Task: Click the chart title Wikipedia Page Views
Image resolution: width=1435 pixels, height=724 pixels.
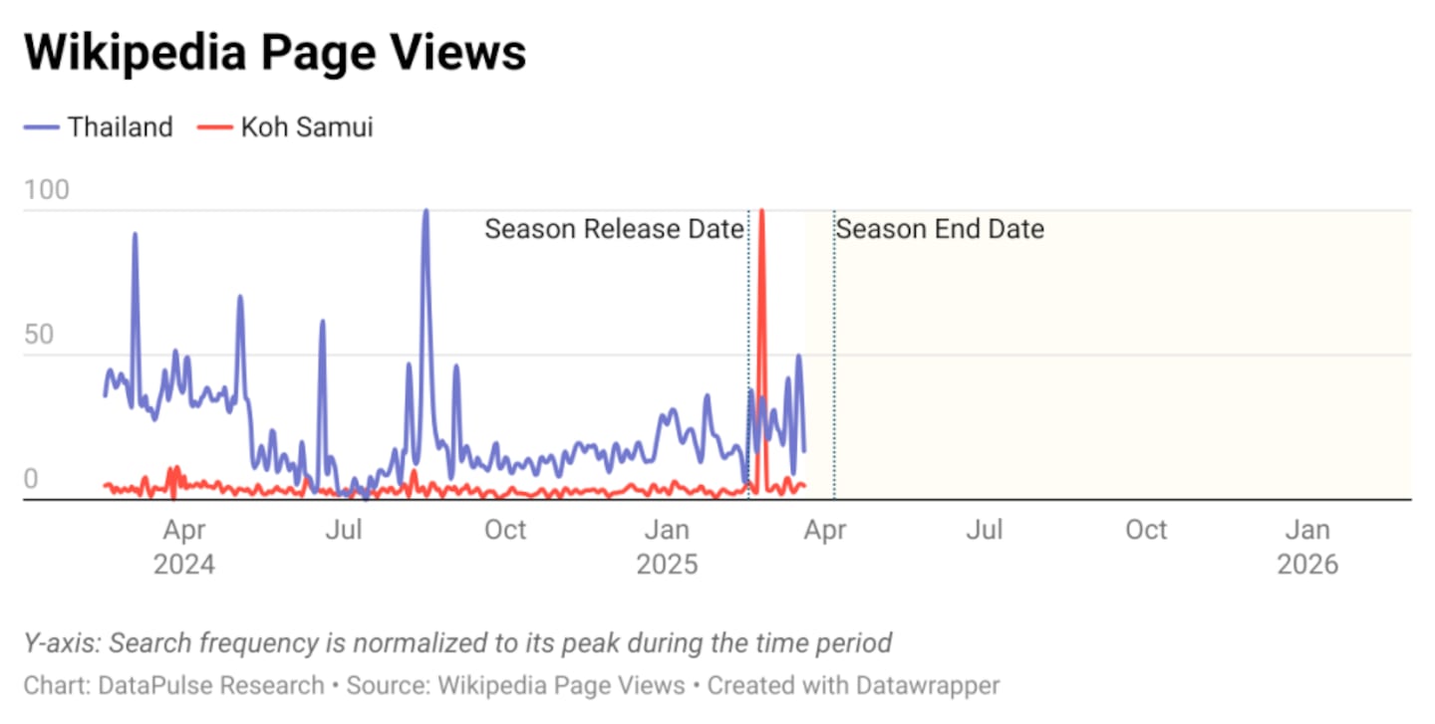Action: pos(275,52)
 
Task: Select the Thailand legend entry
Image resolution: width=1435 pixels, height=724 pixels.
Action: pos(120,127)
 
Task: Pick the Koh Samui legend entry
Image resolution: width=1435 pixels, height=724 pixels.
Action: pos(306,127)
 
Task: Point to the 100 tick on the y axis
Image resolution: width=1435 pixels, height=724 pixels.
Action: pos(47,189)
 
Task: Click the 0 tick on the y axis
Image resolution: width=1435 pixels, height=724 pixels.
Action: pos(31,479)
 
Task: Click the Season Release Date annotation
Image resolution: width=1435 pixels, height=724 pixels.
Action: pos(614,229)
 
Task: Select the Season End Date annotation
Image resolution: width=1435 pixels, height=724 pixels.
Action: pos(940,229)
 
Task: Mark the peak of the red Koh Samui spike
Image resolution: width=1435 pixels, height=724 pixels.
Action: pos(761,211)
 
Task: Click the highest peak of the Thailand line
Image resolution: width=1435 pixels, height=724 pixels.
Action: pos(426,211)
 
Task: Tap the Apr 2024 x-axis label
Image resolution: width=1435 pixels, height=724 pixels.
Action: pos(183,547)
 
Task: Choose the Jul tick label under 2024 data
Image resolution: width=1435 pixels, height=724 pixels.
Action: pos(344,530)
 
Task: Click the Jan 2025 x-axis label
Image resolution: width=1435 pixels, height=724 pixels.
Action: pos(667,547)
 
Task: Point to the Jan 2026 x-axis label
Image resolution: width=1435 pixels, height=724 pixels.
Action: pos(1307,547)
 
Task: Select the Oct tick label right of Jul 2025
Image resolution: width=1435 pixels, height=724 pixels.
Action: pos(1146,530)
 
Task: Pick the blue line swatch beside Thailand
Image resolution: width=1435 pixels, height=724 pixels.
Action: pos(42,127)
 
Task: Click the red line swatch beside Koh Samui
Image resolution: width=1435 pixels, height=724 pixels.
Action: pos(214,127)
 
